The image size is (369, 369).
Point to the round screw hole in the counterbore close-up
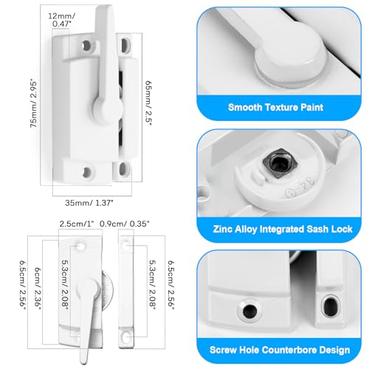pos(244,304)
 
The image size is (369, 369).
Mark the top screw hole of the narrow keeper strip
pos(126,243)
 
